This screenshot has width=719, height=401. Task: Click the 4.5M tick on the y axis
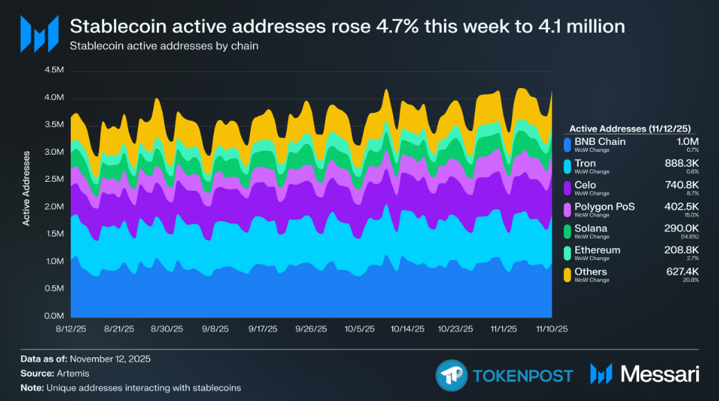click(x=54, y=70)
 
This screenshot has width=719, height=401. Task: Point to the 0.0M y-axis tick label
click(x=54, y=316)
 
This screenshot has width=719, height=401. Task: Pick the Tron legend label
click(x=585, y=163)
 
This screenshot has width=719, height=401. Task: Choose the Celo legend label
click(x=586, y=185)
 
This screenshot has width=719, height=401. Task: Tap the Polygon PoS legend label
click(x=604, y=206)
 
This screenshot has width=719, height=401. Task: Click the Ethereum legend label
click(x=597, y=250)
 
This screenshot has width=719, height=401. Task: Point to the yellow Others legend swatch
click(x=567, y=275)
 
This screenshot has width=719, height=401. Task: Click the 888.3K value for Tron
click(x=681, y=163)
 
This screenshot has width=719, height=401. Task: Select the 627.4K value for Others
click(x=681, y=271)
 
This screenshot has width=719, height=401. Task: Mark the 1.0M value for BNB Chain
click(x=687, y=142)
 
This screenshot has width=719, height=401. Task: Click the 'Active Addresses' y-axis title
click(x=26, y=188)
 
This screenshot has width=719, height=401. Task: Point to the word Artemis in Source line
click(x=67, y=373)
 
